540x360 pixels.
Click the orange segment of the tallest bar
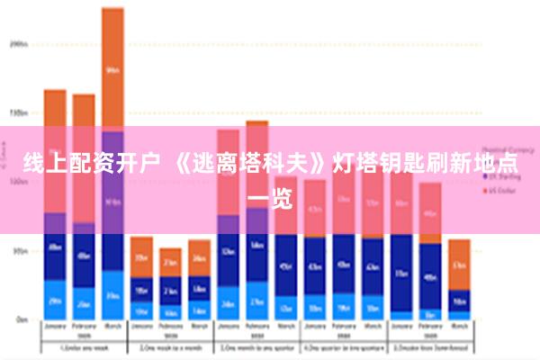(x=112, y=67)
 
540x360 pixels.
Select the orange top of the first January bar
(x=55, y=108)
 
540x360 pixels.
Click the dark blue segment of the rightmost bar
(x=459, y=301)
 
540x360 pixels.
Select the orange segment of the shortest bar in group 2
(x=170, y=262)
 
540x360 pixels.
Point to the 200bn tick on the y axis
(x=19, y=42)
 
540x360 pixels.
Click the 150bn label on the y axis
(x=19, y=113)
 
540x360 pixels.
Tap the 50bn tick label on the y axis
(x=19, y=251)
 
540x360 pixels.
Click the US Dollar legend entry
(x=505, y=191)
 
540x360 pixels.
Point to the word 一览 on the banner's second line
(x=269, y=198)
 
